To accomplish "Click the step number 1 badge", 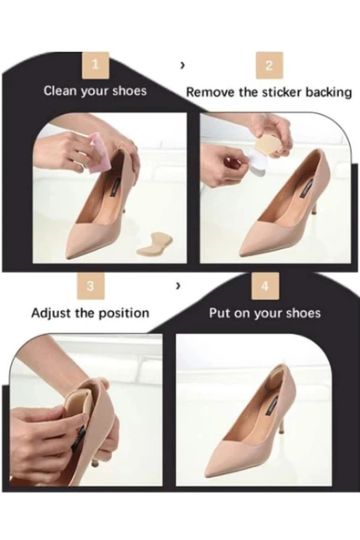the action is coord(96,65).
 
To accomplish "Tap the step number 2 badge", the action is coord(269,66).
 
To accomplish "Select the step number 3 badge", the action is coord(90,286).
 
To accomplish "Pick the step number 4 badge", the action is coord(265,286).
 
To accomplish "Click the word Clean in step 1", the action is coord(59,91).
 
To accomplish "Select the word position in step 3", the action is coord(124,314).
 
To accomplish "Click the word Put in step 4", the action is coord(220,314).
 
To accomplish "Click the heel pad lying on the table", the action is coord(154,243).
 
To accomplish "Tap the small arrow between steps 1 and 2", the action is coord(182,65).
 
